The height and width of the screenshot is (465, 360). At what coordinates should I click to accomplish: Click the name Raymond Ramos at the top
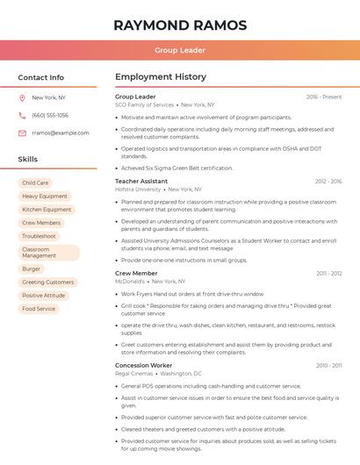[x=180, y=25]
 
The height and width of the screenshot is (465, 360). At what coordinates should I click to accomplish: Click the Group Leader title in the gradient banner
[x=180, y=51]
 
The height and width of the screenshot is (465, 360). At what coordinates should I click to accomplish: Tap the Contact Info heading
[x=41, y=77]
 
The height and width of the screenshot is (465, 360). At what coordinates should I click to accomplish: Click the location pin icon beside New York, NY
[x=22, y=98]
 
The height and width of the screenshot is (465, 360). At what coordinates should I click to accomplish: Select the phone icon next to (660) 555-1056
[x=22, y=116]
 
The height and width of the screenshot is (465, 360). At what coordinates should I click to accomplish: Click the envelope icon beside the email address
[x=22, y=133]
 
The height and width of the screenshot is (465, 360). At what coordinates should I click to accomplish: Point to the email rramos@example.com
[x=61, y=133]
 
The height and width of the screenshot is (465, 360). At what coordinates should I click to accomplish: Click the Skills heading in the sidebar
[x=28, y=160]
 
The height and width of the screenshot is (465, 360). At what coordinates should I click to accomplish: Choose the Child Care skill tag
[x=35, y=183]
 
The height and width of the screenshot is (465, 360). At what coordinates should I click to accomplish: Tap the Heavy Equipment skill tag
[x=45, y=197]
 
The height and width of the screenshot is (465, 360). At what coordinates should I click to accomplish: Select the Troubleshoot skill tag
[x=39, y=236]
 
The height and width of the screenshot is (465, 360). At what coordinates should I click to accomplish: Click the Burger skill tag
[x=32, y=269]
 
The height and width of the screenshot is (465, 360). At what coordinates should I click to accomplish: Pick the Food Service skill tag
[x=39, y=309]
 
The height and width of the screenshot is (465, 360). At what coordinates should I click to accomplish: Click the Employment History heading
[x=161, y=77]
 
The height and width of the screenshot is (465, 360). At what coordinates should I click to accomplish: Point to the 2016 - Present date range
[x=324, y=97]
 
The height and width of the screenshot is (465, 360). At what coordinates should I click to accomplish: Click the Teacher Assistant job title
[x=140, y=181]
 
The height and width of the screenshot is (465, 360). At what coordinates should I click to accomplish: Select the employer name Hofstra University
[x=138, y=190]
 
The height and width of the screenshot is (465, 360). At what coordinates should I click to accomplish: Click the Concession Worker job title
[x=144, y=365]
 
